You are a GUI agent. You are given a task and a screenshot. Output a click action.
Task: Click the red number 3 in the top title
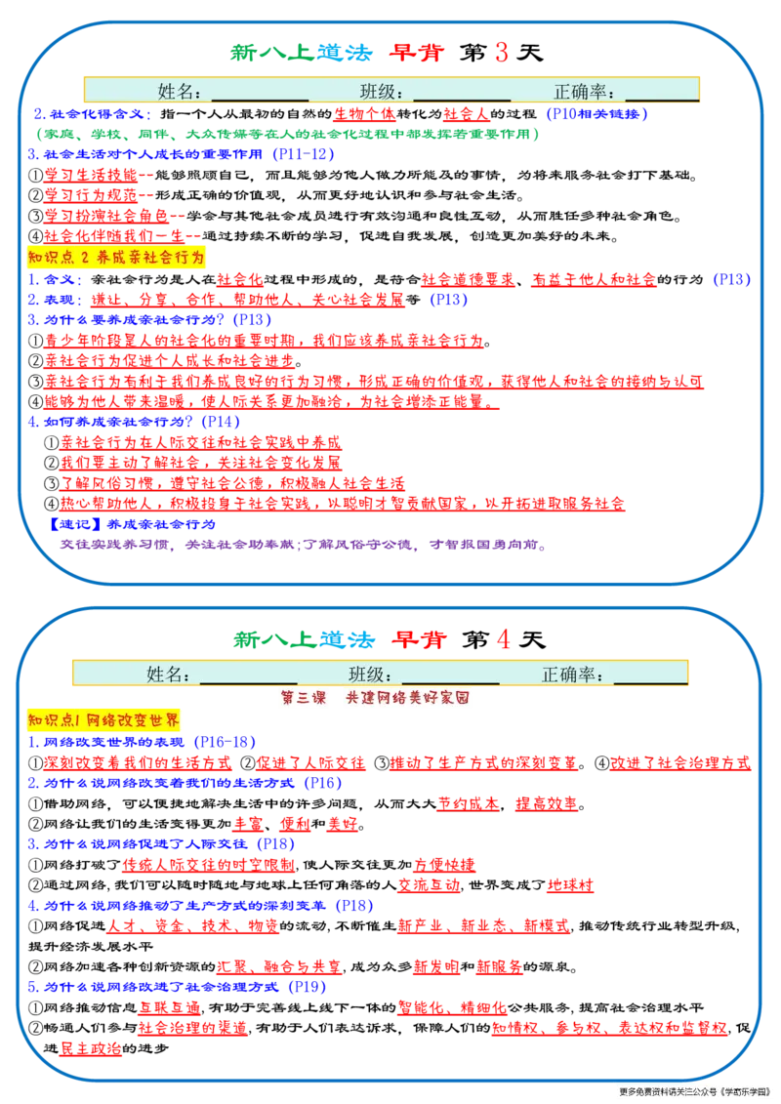[x=502, y=52]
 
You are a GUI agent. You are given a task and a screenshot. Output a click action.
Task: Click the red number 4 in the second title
[x=503, y=639]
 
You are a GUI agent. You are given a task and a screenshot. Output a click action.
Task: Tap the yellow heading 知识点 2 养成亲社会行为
[x=116, y=257]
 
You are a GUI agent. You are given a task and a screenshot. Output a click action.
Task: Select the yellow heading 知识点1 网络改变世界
[x=103, y=719]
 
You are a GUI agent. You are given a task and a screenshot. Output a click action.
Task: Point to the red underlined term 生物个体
[x=364, y=113]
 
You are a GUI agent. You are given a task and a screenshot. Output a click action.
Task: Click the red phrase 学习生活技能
[x=91, y=175]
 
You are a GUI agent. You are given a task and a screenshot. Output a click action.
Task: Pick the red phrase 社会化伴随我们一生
[x=114, y=236]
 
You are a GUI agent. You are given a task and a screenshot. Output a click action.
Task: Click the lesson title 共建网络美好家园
[x=407, y=697]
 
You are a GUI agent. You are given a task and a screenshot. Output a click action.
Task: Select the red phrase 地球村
[x=570, y=884]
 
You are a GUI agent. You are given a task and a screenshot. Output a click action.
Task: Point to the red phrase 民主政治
[x=91, y=1047]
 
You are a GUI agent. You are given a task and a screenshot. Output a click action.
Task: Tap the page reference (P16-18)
[x=224, y=742]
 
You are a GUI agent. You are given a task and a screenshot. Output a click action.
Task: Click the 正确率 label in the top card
[x=584, y=92]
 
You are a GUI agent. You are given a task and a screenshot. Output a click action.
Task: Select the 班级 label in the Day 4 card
[x=370, y=675]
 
